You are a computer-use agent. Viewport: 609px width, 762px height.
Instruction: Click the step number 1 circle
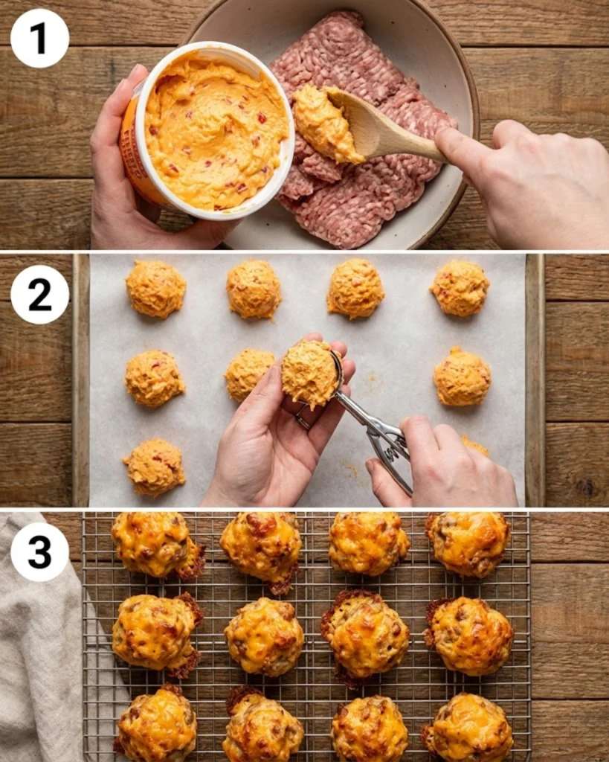click(39, 38)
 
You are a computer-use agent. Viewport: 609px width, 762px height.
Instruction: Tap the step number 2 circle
click(39, 294)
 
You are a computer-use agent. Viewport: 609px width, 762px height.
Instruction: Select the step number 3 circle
click(39, 551)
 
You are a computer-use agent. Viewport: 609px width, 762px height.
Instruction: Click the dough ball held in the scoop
click(309, 372)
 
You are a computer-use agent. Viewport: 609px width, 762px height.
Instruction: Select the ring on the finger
click(303, 420)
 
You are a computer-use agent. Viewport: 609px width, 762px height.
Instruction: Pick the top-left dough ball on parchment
click(155, 289)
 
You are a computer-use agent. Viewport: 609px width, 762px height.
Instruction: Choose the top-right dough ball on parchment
click(460, 287)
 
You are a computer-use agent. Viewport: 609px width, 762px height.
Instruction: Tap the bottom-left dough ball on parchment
click(154, 466)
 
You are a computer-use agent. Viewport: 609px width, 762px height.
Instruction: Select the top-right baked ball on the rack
click(468, 543)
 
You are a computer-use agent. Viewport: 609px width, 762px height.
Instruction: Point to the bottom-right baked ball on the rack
click(468, 728)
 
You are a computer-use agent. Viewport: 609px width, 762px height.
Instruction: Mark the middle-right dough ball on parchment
click(462, 377)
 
